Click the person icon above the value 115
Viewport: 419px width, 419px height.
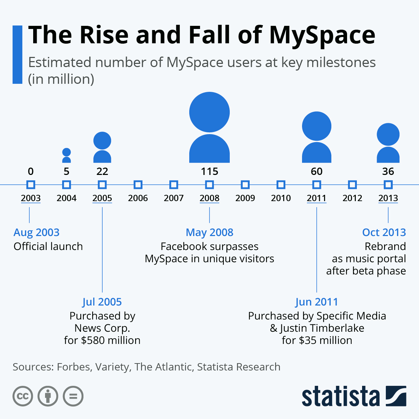point(209,127)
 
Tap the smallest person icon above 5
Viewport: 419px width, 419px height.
point(66,155)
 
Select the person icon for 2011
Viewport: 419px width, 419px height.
point(316,137)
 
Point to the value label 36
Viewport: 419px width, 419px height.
point(388,171)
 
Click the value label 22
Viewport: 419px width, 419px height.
point(102,171)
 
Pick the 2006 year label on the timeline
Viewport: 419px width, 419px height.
point(138,198)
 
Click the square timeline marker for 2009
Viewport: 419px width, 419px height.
point(245,185)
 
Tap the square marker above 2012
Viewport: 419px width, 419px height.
point(352,185)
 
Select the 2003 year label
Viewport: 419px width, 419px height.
point(31,198)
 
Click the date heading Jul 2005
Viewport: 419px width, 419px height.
point(102,302)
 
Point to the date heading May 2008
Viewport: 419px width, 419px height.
point(209,233)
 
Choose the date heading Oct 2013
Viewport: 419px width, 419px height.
point(384,233)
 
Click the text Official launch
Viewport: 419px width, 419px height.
point(48,247)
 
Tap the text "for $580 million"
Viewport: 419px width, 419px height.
point(102,340)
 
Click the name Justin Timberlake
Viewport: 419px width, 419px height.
point(322,328)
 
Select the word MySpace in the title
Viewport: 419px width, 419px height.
point(322,35)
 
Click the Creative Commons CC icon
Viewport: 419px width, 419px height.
point(23,396)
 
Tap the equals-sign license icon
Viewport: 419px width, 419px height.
point(73,396)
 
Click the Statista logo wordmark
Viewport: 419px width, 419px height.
point(340,396)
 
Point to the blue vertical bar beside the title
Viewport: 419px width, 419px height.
point(17,54)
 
